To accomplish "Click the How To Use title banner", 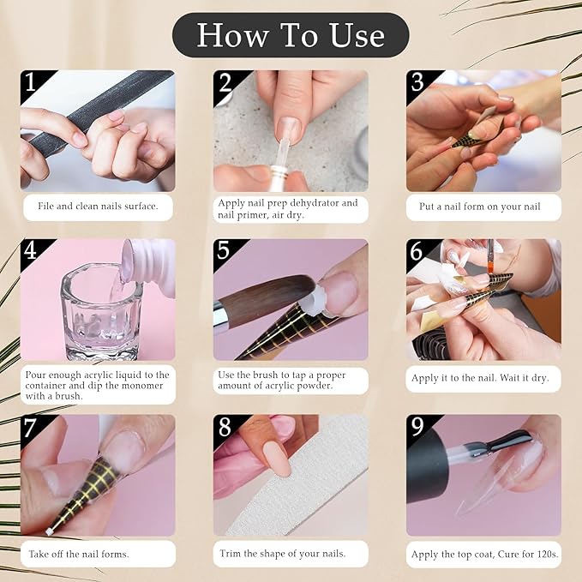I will pyautogui.click(x=291, y=35).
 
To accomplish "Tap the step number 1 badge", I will pyautogui.click(x=32, y=83).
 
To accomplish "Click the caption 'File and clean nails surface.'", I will pyautogui.click(x=97, y=207).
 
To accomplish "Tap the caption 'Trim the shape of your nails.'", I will pyautogui.click(x=283, y=554).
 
